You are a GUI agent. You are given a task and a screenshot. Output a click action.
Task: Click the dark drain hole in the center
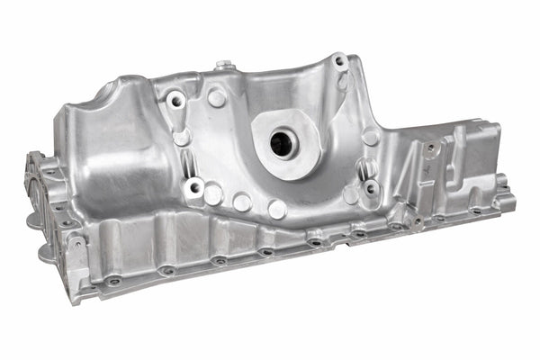[x=283, y=140]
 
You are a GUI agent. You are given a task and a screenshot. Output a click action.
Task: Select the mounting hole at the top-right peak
[x=339, y=62]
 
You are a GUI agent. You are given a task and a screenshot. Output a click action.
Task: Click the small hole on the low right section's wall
[x=431, y=148]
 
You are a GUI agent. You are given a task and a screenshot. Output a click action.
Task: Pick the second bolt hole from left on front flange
[x=166, y=269]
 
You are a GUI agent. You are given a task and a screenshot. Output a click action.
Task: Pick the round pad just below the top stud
[x=217, y=98]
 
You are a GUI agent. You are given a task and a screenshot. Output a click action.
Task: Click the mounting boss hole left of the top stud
[x=176, y=99]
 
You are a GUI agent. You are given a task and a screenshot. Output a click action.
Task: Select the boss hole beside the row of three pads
[x=193, y=187]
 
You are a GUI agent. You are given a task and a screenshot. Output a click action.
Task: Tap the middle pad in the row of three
[x=242, y=202]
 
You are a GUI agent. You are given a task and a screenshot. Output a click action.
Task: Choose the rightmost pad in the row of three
[x=276, y=210]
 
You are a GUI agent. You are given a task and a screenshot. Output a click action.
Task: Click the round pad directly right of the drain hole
[x=370, y=138]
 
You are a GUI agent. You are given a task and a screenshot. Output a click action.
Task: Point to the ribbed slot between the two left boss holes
[x=186, y=162]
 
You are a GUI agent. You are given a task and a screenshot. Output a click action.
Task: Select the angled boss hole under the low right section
[x=415, y=219]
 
